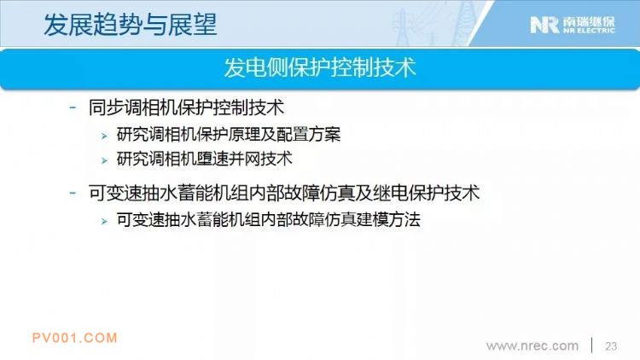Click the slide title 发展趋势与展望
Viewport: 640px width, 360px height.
coord(130,25)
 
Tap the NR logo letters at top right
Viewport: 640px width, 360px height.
coord(544,25)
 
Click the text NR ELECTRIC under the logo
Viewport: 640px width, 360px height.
coord(589,31)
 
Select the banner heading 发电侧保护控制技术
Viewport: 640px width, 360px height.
coord(320,67)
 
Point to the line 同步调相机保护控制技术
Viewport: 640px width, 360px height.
coord(186,107)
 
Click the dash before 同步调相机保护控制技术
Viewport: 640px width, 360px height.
coord(73,107)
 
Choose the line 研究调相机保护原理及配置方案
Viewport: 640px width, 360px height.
coord(229,134)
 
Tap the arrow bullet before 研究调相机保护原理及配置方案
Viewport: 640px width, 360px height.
coord(104,136)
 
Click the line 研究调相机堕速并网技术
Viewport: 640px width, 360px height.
coord(205,159)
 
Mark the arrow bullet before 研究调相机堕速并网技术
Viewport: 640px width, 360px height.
coord(104,160)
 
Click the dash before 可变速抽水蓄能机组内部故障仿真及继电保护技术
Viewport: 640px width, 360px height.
coord(73,193)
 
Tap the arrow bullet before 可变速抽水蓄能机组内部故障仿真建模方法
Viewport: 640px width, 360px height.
coord(104,221)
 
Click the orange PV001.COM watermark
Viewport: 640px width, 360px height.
coord(75,338)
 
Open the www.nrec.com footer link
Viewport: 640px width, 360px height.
coord(532,346)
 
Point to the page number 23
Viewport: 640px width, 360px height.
coord(611,346)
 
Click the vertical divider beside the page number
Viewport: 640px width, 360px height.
coord(592,345)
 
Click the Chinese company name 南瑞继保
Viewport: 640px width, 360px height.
coord(589,21)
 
